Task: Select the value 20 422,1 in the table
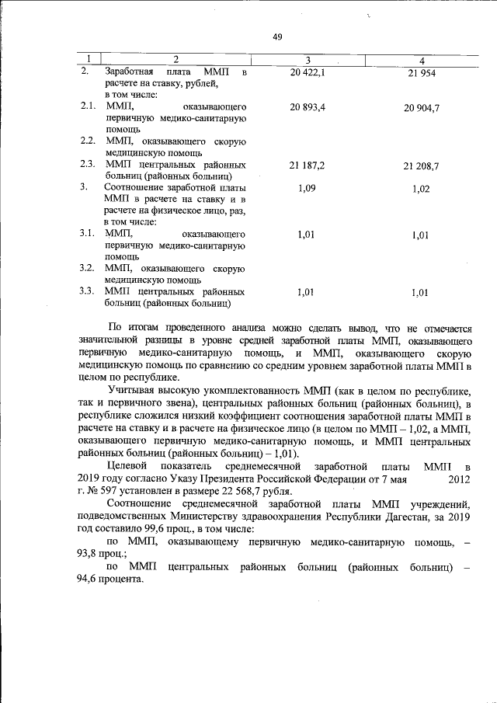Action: point(307,72)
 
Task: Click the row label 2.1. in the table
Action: point(88,105)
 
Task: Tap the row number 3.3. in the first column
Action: point(88,291)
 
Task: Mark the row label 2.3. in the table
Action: point(88,165)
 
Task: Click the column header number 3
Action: point(308,60)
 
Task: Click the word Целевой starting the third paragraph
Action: point(129,465)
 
